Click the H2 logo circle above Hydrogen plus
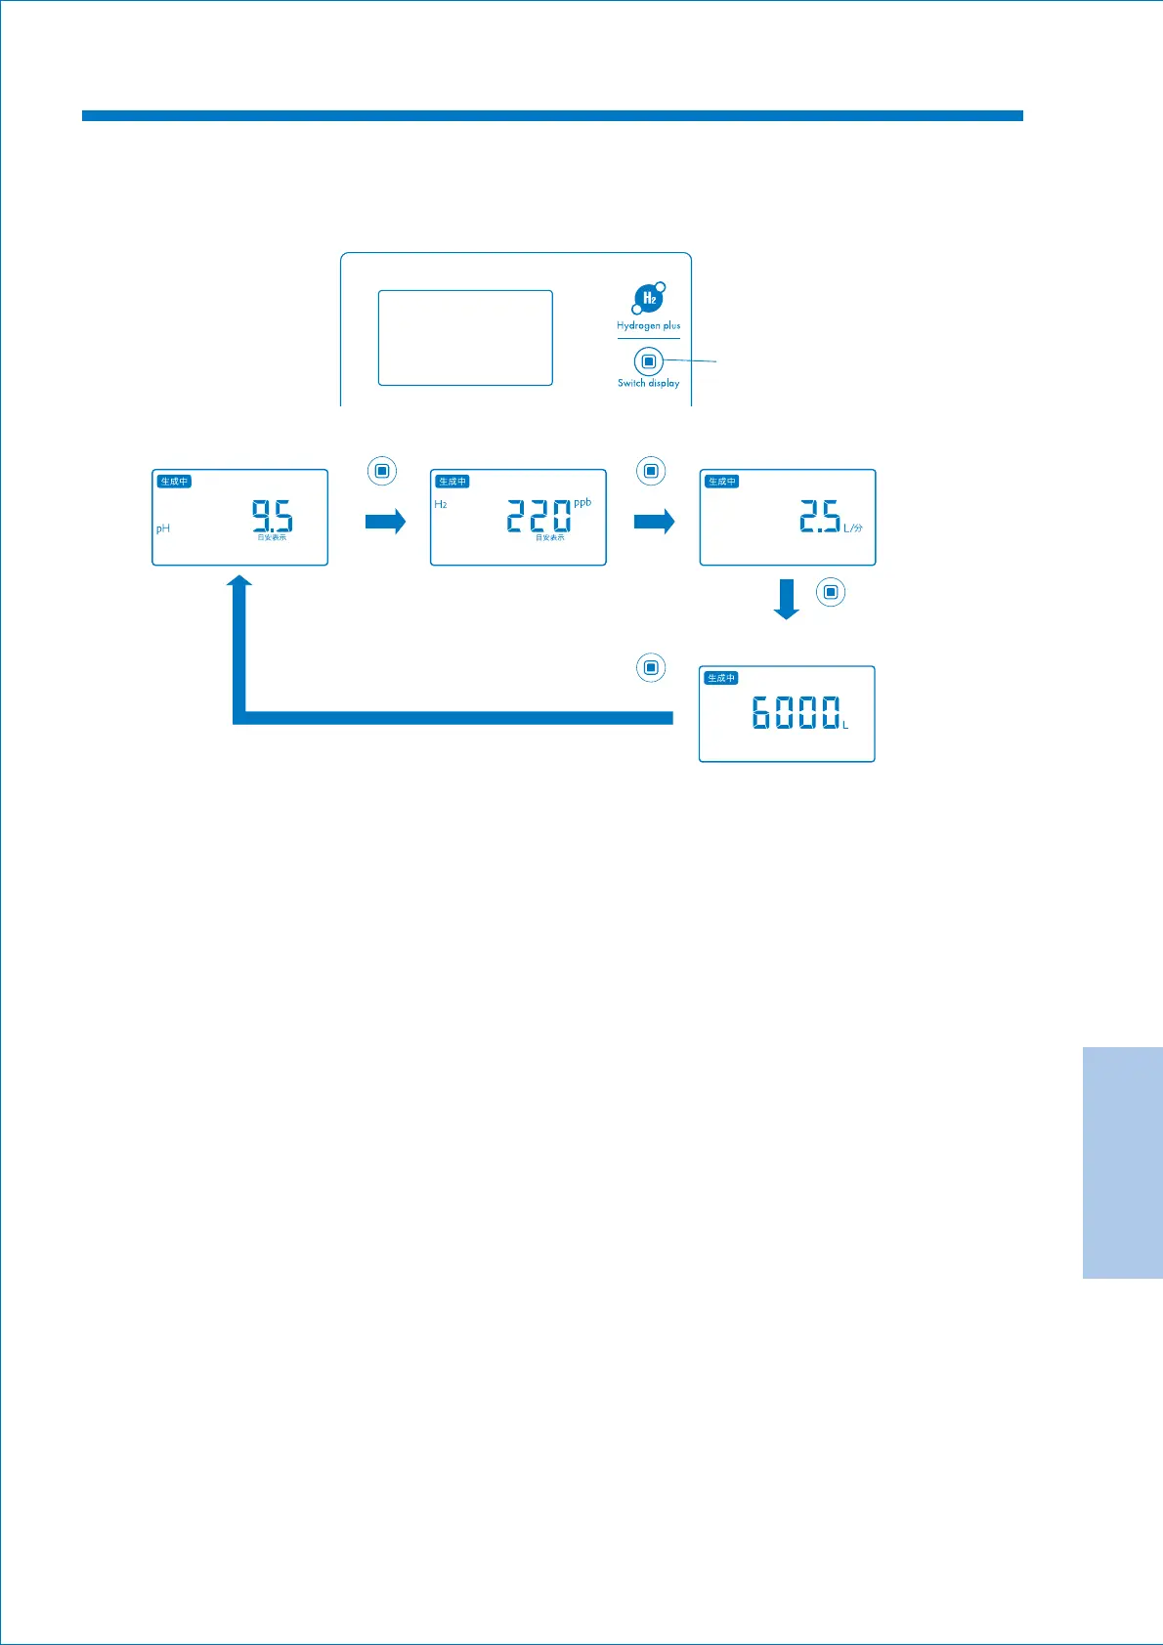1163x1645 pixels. pyautogui.click(x=649, y=298)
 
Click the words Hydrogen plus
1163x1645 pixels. pyautogui.click(x=648, y=325)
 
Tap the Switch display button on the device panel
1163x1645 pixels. pyautogui.click(x=648, y=361)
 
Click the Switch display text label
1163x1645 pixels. pyautogui.click(x=648, y=383)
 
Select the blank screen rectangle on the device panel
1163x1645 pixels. pyautogui.click(x=465, y=337)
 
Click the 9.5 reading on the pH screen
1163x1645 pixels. pyautogui.click(x=272, y=515)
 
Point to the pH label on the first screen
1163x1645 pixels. pyautogui.click(x=163, y=528)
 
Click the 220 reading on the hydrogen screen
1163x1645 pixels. pyautogui.click(x=538, y=515)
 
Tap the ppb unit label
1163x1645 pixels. pyautogui.click(x=582, y=502)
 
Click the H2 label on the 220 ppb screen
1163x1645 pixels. pyautogui.click(x=441, y=504)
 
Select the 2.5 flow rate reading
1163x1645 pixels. pyautogui.click(x=819, y=515)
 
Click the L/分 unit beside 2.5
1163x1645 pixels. pyautogui.click(x=853, y=528)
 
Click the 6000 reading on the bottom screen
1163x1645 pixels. pyautogui.click(x=796, y=713)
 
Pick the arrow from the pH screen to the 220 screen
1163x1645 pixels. pyautogui.click(x=385, y=522)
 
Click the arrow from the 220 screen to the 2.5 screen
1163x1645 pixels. pyautogui.click(x=654, y=522)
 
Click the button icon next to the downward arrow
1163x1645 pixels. pyautogui.click(x=831, y=592)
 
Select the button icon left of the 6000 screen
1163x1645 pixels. pyautogui.click(x=651, y=668)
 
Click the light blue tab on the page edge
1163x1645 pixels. pyautogui.click(x=1122, y=1162)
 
